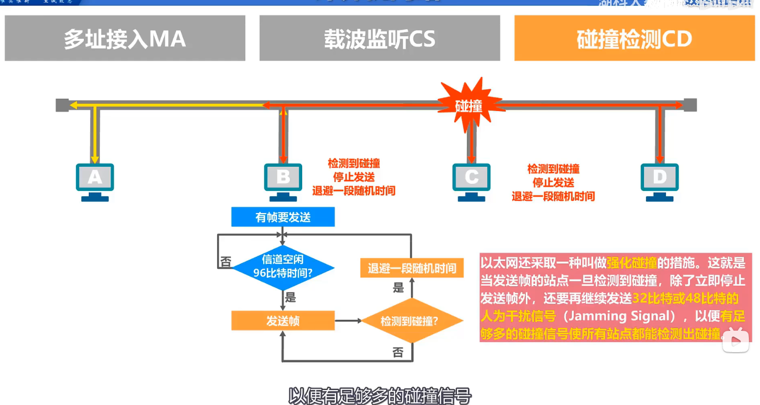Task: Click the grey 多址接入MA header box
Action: click(x=125, y=38)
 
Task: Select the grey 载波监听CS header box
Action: click(x=379, y=38)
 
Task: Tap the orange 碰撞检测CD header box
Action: click(x=634, y=38)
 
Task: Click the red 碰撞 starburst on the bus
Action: click(x=469, y=105)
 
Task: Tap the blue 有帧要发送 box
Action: click(x=283, y=217)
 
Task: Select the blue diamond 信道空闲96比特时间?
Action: click(x=283, y=267)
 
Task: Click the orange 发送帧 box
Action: click(x=283, y=321)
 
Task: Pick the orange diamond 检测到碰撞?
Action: click(x=410, y=321)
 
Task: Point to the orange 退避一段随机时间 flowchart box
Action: click(x=412, y=268)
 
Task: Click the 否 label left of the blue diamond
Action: click(x=226, y=262)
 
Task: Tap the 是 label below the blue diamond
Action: click(x=291, y=297)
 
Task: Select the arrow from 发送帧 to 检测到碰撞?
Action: click(x=348, y=321)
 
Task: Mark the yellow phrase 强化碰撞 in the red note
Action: click(x=631, y=263)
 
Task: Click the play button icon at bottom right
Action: click(x=735, y=341)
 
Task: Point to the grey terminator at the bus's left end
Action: click(x=62, y=105)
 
